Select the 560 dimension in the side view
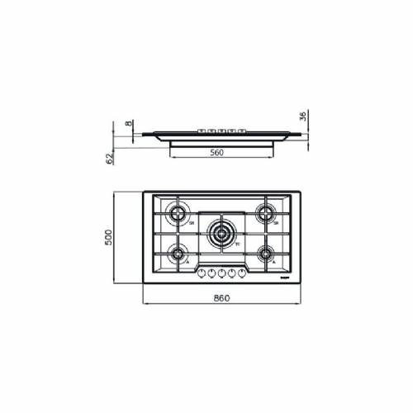pos(218,152)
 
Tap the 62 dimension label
pos(108,159)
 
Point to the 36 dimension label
pos(304,116)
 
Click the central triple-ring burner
pos(221,233)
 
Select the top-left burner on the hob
pos(177,214)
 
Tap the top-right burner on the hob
pos(264,214)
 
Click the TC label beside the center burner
pos(237,244)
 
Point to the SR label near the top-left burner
pos(191,223)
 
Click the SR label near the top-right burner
pos(277,223)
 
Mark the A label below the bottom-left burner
pos(188,262)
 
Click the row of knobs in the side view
pos(220,131)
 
